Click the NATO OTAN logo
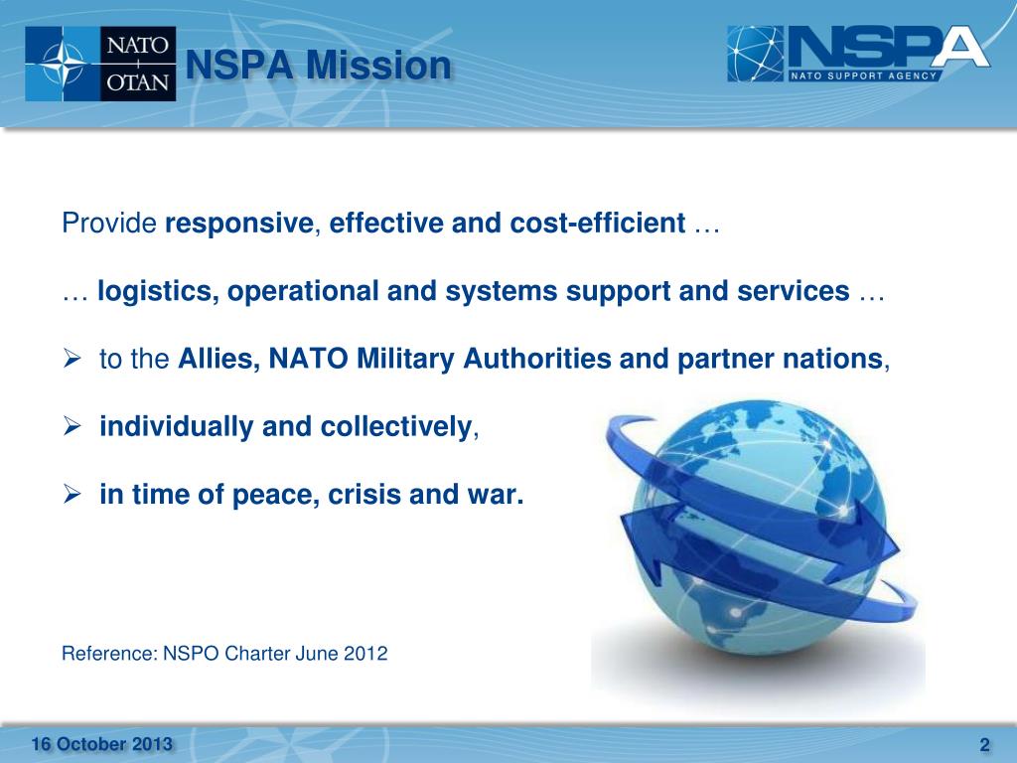[100, 64]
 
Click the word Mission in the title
[378, 66]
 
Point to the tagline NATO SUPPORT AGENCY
[864, 76]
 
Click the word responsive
[237, 224]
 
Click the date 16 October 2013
[101, 744]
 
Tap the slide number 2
[984, 745]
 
